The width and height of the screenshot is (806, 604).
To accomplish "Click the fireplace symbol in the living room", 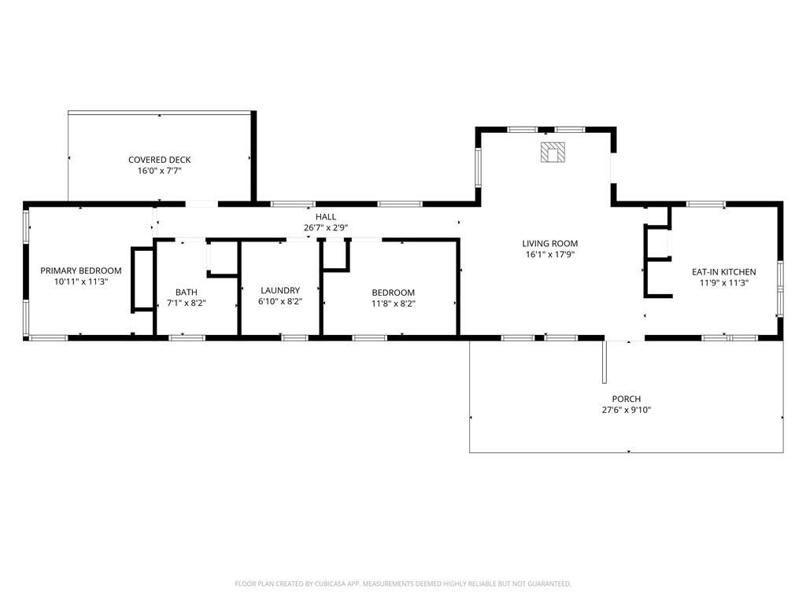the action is tap(553, 153).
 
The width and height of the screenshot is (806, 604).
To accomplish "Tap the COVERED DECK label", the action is tap(159, 160).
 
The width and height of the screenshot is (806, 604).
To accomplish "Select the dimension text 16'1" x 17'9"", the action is tap(550, 254).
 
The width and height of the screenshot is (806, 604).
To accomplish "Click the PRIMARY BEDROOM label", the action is tap(81, 271).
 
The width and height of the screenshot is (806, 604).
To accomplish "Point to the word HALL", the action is tap(326, 217).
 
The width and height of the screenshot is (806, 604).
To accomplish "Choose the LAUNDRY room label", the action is tap(280, 290).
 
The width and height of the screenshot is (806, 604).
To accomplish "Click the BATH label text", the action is tap(186, 293).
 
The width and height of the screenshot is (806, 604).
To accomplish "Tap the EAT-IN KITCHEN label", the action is tap(724, 271).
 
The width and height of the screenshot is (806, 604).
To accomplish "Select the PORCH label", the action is tap(626, 399).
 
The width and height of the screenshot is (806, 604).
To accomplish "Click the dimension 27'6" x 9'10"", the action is tap(626, 410).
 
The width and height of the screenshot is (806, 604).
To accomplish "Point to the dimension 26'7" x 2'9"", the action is tap(326, 227).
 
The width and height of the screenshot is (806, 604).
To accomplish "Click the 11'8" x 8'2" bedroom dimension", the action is tap(394, 304).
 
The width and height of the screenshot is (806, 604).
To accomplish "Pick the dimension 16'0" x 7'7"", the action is tap(159, 171).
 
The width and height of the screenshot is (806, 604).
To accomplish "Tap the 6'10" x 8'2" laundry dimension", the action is tap(280, 301).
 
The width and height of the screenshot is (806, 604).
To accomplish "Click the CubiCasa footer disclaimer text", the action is tap(403, 584).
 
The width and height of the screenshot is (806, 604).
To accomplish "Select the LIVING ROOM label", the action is tap(550, 244).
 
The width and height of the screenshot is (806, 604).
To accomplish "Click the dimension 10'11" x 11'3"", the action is tap(81, 282).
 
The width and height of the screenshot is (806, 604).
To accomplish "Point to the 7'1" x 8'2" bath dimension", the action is tap(186, 303).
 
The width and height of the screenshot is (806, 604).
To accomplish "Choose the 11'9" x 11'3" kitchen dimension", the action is tap(724, 282).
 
